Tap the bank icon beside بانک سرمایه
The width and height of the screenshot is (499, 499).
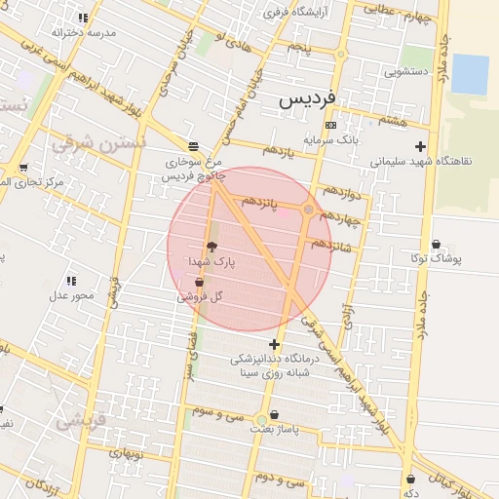coord(331,125)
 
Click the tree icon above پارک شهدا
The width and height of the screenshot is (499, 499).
coord(211,247)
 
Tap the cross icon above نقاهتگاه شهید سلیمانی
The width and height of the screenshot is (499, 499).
coord(420,146)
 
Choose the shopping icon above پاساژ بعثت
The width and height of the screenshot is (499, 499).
coord(273,414)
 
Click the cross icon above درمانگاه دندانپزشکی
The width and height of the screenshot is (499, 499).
coord(275,344)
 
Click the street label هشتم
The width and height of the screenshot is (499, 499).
coord(395,120)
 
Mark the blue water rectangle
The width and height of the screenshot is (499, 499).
coord(470,74)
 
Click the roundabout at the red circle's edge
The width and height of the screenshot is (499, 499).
coord(308,210)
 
